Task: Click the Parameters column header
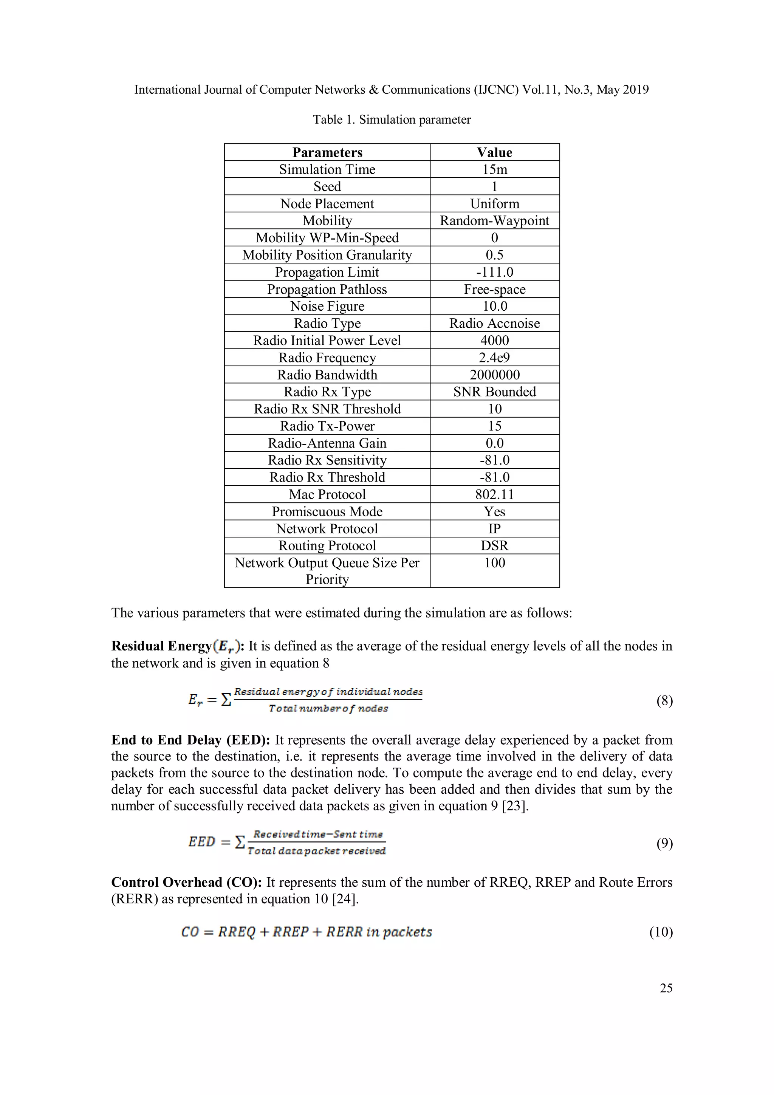[327, 152]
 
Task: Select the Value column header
[495, 152]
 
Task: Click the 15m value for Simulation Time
[495, 169]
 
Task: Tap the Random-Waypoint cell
[495, 220]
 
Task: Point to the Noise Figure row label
[327, 306]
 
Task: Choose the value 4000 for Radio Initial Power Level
[495, 341]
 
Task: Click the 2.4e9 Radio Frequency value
[495, 358]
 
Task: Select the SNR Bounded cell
[495, 392]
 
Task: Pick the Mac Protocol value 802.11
[495, 494]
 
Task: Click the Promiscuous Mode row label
[327, 511]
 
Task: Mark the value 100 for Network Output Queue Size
[495, 563]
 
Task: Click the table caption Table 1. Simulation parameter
[392, 120]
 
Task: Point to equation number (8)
[664, 701]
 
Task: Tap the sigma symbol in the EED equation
[240, 843]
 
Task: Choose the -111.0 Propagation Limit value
[495, 272]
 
